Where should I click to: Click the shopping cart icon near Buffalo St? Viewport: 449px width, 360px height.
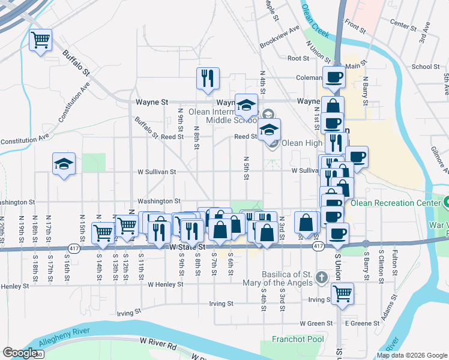[x=41, y=40]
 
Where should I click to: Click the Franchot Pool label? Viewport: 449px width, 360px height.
[x=297, y=338]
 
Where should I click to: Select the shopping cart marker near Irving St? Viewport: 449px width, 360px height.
[x=342, y=294]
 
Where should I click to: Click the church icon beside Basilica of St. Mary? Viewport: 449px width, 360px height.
[x=322, y=277]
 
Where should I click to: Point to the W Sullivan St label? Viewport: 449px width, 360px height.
[x=155, y=172]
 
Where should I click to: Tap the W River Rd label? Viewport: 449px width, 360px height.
[x=158, y=343]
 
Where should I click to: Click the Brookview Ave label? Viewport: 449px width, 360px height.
[x=279, y=37]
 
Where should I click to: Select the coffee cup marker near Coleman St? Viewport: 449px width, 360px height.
[x=333, y=77]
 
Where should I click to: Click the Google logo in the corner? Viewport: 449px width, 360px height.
[x=20, y=353]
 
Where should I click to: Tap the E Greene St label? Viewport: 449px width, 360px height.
[x=362, y=323]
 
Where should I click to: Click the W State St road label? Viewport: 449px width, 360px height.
[x=187, y=247]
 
